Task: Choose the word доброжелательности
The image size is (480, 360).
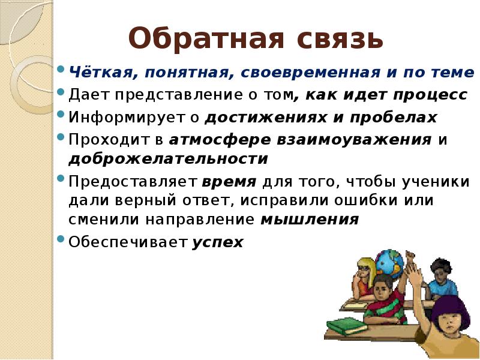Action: point(169,159)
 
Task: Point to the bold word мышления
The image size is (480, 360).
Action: point(310,220)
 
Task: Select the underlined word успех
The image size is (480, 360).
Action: point(218,242)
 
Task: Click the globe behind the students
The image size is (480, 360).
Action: point(389,263)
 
